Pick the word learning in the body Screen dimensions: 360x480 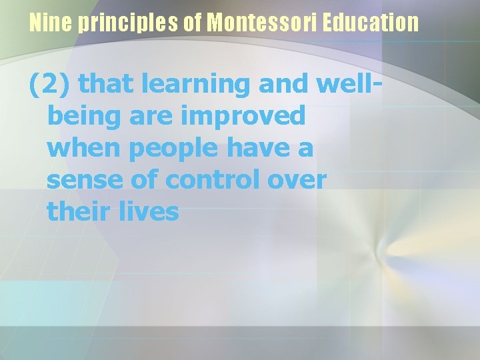pos(198,84)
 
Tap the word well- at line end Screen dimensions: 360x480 pos(351,84)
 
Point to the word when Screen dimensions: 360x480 pos(83,148)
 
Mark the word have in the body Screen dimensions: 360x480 pos(265,148)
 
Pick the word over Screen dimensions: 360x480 pos(299,180)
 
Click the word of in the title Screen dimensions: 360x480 pos(193,23)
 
